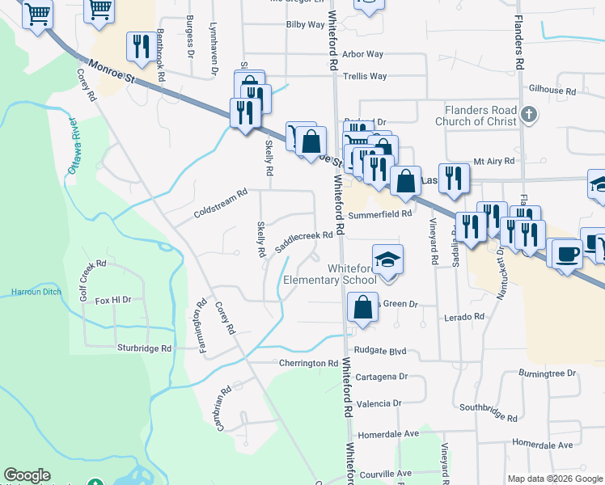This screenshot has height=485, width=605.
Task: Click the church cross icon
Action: point(529,114)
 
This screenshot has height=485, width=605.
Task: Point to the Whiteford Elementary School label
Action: point(330,275)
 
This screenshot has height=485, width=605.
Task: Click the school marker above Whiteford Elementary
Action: point(387,259)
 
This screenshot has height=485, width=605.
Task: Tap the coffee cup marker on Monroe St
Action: point(565,252)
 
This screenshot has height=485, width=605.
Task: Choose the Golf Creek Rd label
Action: point(93,279)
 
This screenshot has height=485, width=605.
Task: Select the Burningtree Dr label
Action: point(547,373)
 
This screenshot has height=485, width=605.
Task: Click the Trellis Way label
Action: point(365,77)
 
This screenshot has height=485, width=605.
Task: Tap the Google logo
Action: point(27,475)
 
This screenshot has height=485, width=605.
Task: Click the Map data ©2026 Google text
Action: point(555,479)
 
